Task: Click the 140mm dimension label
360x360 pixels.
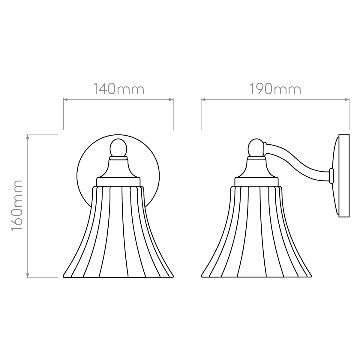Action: (x=118, y=89)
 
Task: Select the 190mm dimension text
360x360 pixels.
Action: (x=275, y=89)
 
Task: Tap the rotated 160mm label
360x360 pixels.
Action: (x=17, y=205)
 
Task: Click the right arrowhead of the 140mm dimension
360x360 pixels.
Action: (x=172, y=100)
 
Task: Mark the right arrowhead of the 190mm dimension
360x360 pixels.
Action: (x=347, y=100)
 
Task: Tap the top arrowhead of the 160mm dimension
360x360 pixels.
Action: (x=28, y=137)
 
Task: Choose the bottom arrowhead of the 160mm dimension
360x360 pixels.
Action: (x=28, y=275)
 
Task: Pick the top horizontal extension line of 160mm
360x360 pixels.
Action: (x=45, y=135)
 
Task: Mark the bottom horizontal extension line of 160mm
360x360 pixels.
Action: (x=45, y=277)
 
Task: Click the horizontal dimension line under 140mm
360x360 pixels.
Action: (x=118, y=100)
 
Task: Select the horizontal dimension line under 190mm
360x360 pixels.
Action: (x=275, y=100)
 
